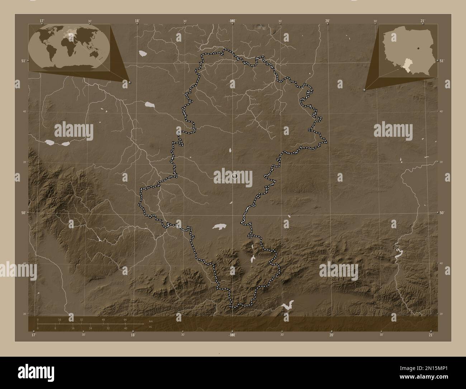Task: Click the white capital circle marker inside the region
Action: coord(235,175)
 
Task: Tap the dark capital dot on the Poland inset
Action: coord(418,47)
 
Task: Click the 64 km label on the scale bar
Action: coord(125,319)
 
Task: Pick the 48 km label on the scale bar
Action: coord(103,319)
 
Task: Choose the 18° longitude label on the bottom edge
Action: coord(133,335)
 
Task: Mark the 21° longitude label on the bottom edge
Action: coord(431,335)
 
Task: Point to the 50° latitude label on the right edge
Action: coord(442,213)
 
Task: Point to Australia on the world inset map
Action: coord(95,54)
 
